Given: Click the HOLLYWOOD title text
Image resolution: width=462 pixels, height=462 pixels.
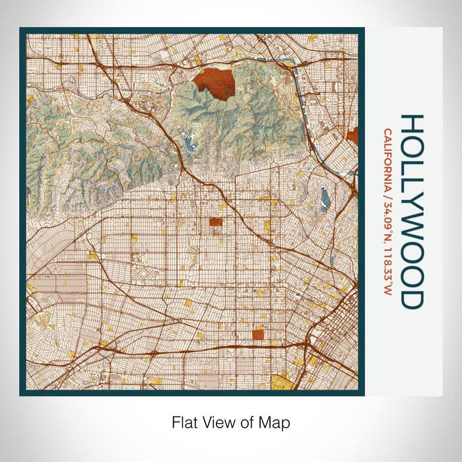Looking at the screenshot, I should click(411, 211).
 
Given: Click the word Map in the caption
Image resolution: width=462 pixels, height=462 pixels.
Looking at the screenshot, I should click(277, 422).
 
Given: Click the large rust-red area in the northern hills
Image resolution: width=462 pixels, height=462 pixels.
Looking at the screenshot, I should click(215, 84).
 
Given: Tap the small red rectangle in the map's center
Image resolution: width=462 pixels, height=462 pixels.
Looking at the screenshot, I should click(216, 223).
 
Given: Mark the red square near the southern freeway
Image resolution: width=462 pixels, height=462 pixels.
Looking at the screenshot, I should click(257, 335).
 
